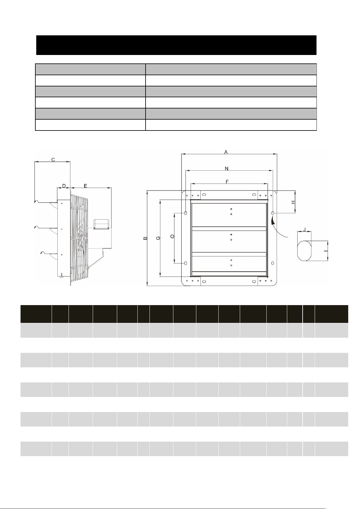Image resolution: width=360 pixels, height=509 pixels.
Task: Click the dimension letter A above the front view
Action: click(x=226, y=152)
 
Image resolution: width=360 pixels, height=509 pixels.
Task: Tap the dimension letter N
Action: click(x=227, y=168)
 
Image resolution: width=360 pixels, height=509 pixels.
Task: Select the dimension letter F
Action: click(x=227, y=182)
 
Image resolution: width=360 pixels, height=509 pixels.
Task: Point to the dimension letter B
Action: click(x=145, y=238)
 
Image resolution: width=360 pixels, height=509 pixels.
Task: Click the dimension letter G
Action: click(x=158, y=238)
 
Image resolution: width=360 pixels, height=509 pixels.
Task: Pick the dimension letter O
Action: click(x=172, y=236)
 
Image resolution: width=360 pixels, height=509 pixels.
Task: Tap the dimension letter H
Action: click(x=293, y=202)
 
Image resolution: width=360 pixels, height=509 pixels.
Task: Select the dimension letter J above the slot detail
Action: click(x=304, y=229)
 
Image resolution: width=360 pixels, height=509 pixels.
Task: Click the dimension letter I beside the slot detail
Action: click(x=326, y=251)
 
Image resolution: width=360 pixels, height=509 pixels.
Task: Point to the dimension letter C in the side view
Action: click(x=53, y=160)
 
